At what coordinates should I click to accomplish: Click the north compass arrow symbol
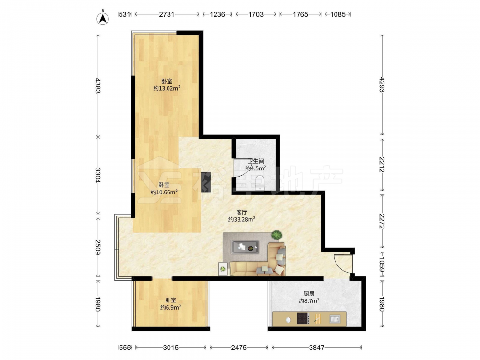coord(103,18)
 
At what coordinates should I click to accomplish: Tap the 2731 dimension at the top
coord(167,14)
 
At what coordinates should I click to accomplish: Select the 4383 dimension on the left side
coord(97,86)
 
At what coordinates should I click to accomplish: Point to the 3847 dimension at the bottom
coord(316,348)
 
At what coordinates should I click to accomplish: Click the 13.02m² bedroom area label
coord(167,88)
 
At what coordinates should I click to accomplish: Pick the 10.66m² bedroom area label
coord(164,192)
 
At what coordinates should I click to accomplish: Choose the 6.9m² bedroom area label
coord(170,307)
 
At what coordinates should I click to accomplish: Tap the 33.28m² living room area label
coord(242,219)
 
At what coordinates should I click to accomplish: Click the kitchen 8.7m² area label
coord(309,300)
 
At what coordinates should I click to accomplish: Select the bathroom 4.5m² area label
coord(256,168)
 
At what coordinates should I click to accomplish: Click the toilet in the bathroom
coord(260,182)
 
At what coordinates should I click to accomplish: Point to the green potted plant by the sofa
coord(277,235)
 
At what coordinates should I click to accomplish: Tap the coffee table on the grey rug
coord(245,247)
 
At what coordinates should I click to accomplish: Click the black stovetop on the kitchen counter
coord(303,319)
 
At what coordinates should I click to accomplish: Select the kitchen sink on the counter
coord(335,319)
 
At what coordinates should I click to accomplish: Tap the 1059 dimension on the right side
coord(382,264)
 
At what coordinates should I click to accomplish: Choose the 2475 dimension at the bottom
coord(239,348)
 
